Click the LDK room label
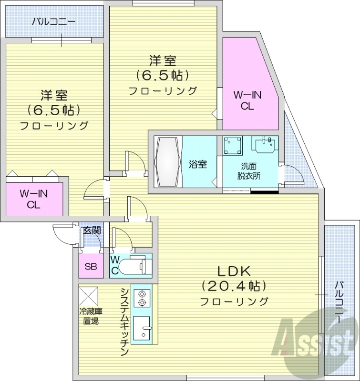click(x=234, y=271)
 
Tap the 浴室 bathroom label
click(x=198, y=165)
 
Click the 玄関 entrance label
click(x=92, y=231)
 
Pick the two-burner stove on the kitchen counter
click(x=142, y=298)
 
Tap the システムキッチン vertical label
click(x=124, y=322)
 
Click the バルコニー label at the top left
click(x=54, y=21)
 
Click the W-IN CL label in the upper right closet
click(x=247, y=100)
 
